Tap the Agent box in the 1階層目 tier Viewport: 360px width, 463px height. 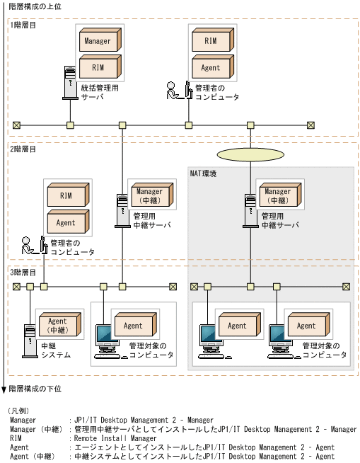pos(211,68)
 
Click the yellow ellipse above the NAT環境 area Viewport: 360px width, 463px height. pos(250,154)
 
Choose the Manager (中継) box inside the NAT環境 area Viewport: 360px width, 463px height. pos(278,195)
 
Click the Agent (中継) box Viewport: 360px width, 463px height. pos(57,325)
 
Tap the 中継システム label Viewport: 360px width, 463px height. pos(56,350)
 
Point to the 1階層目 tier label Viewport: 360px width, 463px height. pos(24,25)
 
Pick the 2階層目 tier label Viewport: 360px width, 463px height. pos(24,149)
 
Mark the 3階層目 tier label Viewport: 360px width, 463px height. pos(24,272)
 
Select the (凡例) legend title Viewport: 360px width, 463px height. pos(18,411)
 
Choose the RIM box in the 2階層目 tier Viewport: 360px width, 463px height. pos(66,195)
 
